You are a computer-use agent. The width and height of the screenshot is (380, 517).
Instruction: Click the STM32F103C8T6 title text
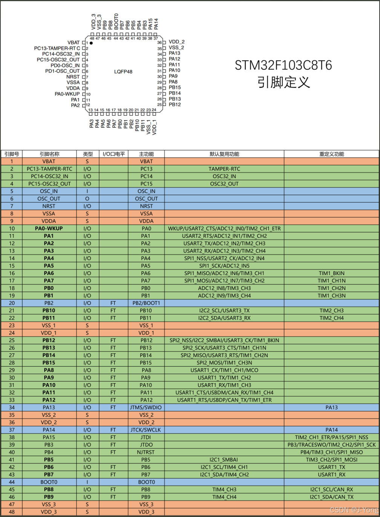tap(283, 65)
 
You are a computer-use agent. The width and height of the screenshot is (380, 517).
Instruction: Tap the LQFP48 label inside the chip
tap(123, 72)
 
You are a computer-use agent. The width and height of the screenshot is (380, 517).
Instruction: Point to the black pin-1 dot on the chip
tap(91, 43)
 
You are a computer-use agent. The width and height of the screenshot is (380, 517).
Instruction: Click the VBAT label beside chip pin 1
tap(74, 43)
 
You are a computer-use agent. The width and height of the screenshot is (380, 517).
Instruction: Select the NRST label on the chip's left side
tap(73, 77)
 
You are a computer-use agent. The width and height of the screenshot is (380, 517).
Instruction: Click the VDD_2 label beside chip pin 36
tap(176, 42)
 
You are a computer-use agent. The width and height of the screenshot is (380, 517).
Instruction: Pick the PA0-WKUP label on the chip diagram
tap(67, 94)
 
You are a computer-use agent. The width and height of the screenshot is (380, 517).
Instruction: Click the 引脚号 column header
tap(12, 154)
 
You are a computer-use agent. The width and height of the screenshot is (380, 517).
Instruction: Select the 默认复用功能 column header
tap(224, 154)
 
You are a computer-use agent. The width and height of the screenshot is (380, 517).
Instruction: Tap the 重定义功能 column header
tap(331, 154)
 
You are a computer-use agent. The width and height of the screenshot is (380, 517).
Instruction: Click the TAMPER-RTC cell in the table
tap(224, 169)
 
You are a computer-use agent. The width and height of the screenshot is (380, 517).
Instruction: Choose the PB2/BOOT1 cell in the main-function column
tap(146, 303)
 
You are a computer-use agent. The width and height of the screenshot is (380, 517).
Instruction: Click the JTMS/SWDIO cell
tap(146, 407)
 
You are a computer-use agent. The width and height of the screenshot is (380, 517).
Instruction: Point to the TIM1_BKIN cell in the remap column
tap(331, 273)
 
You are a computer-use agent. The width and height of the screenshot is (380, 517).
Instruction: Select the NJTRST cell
tap(146, 452)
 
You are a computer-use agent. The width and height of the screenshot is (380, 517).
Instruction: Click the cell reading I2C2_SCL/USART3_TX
tap(224, 311)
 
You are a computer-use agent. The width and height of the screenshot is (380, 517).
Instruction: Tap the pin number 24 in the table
tap(12, 333)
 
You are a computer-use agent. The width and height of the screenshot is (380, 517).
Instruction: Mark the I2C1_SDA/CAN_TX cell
tap(331, 497)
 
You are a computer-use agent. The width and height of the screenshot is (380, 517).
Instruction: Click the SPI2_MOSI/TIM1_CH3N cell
tap(224, 363)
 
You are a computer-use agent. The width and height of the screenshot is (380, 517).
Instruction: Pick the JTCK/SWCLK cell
tap(146, 430)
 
